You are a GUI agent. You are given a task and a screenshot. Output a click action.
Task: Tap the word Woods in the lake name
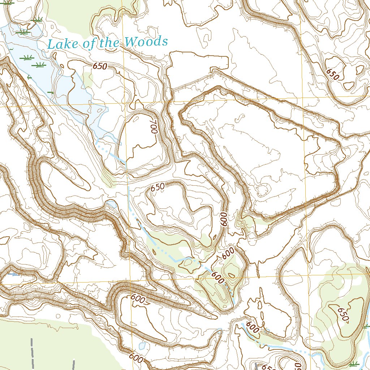click(x=146, y=42)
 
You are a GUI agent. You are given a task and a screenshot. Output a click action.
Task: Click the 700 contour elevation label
click(x=154, y=127)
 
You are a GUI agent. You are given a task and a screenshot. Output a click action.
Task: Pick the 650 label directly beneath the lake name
click(x=100, y=66)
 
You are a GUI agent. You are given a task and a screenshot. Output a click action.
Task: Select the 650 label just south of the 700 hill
click(x=158, y=187)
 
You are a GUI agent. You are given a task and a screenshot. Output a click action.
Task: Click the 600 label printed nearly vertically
click(x=223, y=219)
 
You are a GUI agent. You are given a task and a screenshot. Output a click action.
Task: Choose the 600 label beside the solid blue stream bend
click(x=253, y=327)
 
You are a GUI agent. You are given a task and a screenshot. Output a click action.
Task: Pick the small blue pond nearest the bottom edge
click(x=142, y=346)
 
